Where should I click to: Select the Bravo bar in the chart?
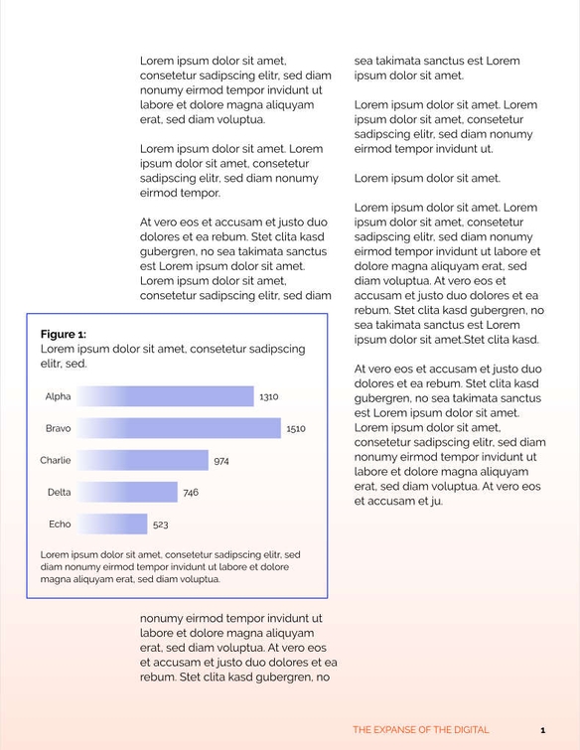click(179, 428)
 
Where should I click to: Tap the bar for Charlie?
click(143, 460)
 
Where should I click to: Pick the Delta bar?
click(127, 492)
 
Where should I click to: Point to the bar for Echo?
click(112, 524)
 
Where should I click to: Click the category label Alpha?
click(58, 396)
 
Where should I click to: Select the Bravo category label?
click(58, 428)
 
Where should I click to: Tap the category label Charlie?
click(56, 460)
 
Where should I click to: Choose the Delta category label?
click(59, 492)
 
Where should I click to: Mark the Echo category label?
click(60, 524)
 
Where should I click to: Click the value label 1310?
click(268, 396)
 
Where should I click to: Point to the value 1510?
click(296, 428)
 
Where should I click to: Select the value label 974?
click(221, 460)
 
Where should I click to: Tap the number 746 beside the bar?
click(191, 492)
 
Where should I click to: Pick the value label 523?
click(160, 524)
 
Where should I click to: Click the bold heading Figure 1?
click(64, 334)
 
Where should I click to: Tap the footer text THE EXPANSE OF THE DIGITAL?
click(420, 729)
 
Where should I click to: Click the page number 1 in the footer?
click(542, 729)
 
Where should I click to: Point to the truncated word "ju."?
click(436, 502)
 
